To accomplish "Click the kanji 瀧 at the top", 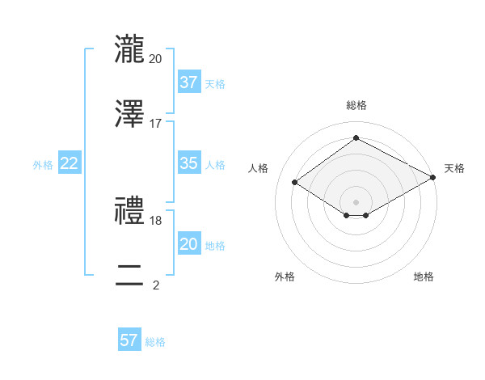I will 130,48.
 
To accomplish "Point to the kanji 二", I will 130,275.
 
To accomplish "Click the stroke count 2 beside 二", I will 156,285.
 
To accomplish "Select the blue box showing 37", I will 188,82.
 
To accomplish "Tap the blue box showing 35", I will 188,163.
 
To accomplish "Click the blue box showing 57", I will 129,340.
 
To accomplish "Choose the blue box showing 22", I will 70,163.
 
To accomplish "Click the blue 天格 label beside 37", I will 215,84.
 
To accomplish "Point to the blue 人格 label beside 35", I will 215,165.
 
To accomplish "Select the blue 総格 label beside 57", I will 155,342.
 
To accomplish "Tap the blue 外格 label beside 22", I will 43,165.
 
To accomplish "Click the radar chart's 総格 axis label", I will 356,105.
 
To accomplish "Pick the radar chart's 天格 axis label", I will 454,168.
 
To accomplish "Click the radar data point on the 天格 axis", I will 434,177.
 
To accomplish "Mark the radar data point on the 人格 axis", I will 295,183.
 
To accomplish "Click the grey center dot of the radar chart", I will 356,201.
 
